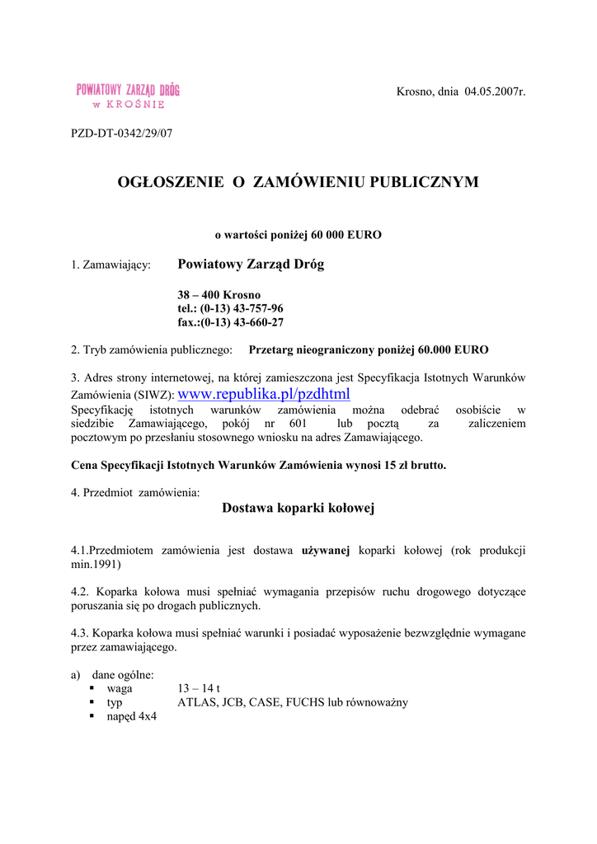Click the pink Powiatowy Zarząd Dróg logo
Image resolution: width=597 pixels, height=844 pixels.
coord(128,96)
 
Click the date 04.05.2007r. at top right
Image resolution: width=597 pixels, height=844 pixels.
coord(495,91)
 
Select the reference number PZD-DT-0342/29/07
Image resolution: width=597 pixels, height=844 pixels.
coord(122,132)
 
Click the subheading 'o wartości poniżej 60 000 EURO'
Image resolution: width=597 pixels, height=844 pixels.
coord(298,235)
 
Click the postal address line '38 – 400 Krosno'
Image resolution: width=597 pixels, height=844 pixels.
coord(219,294)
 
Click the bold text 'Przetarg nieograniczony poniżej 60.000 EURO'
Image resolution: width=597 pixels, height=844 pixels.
coord(368,349)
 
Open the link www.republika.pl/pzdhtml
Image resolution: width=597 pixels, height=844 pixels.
coord(264,394)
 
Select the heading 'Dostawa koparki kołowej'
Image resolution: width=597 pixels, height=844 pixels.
coord(298,509)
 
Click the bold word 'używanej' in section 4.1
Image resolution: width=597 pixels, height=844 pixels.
coord(327,550)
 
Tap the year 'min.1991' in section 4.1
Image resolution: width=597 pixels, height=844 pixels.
coord(96,565)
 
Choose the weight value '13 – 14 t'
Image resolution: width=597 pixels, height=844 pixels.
coord(199,689)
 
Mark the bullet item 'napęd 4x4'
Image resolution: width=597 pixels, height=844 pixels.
coord(131,717)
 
